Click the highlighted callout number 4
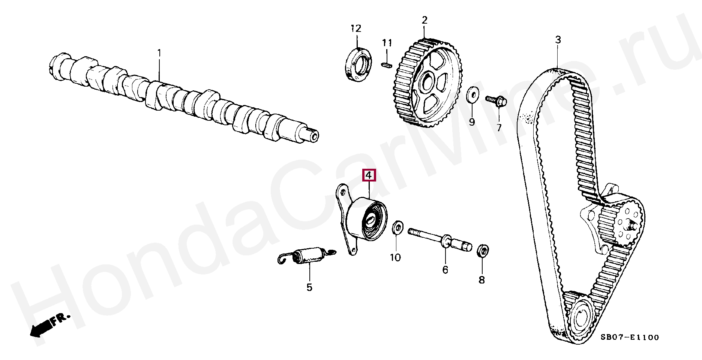point(369,175)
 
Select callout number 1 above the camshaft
point(159,53)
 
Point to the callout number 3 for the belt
point(558,40)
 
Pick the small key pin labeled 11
point(386,64)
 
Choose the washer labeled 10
point(397,228)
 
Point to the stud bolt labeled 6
point(439,238)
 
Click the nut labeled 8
point(483,250)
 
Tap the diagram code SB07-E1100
point(630,337)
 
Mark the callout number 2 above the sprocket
point(424,20)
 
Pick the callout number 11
point(387,43)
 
